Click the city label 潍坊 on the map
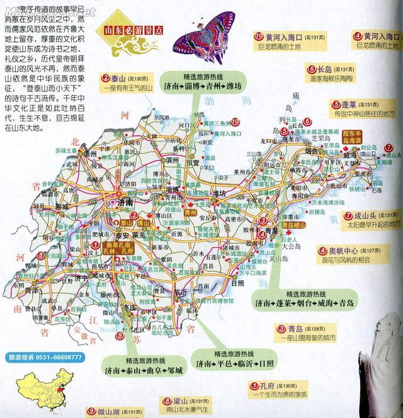pyautogui.click(x=219, y=193)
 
